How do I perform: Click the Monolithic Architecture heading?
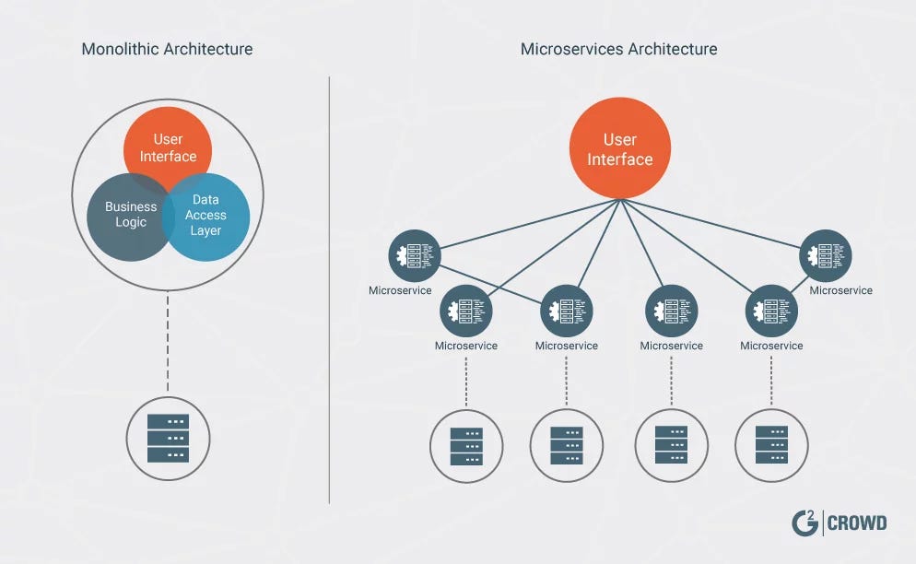pos(167,48)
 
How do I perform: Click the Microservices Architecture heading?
pos(619,48)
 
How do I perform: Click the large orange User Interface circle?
pos(619,148)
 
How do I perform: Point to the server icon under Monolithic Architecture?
pos(168,439)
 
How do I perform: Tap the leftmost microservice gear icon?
pos(414,255)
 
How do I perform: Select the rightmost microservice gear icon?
pos(826,255)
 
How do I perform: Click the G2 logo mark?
pos(804,523)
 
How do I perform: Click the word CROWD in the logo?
pos(858,523)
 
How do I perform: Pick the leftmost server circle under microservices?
pos(466,445)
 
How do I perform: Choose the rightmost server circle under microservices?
pos(771,445)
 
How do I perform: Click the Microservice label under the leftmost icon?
pos(400,290)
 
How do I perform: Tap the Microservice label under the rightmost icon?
pos(840,290)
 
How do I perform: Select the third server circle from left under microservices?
pos(671,445)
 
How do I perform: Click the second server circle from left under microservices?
pos(566,445)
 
